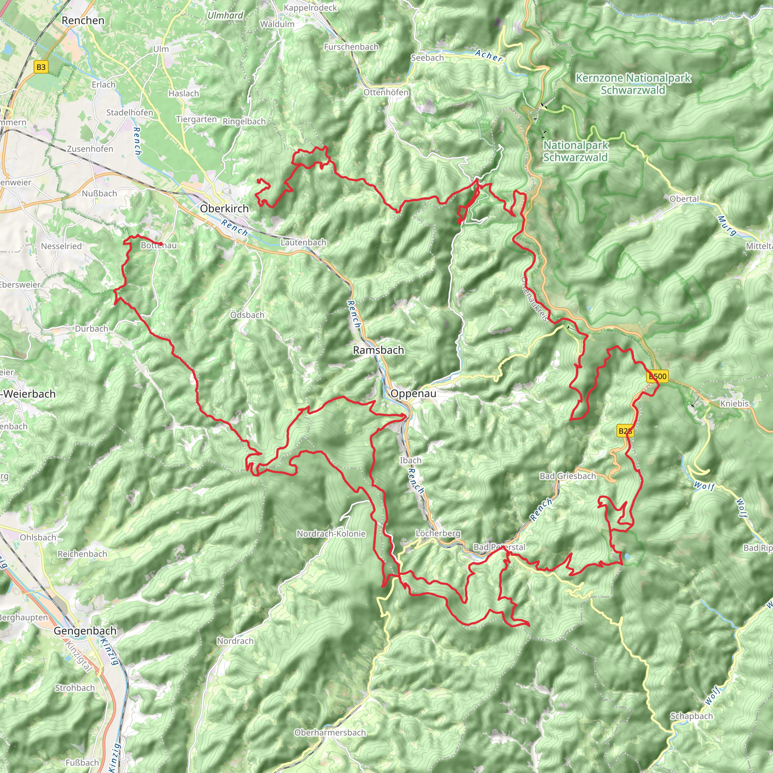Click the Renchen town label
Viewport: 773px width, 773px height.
point(83,20)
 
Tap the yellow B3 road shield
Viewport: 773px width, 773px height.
point(41,67)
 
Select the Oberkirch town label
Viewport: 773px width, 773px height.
point(224,208)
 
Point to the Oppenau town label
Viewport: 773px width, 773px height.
point(413,393)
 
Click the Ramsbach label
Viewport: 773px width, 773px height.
point(378,350)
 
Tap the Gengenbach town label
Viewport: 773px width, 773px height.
point(85,631)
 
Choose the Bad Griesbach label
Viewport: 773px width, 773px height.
point(567,476)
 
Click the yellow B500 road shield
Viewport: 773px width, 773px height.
point(658,376)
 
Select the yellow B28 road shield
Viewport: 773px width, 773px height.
point(625,431)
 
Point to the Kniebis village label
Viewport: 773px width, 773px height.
point(734,403)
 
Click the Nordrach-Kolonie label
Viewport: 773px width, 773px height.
point(331,534)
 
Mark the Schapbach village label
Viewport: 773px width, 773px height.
point(691,716)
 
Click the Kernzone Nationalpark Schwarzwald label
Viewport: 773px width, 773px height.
point(633,84)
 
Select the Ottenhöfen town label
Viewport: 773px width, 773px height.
point(386,92)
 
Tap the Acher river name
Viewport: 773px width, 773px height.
point(488,55)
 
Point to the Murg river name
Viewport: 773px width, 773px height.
point(727,226)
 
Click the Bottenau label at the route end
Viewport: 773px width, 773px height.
point(159,245)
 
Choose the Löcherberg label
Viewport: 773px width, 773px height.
point(438,533)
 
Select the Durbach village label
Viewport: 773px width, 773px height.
point(92,328)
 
